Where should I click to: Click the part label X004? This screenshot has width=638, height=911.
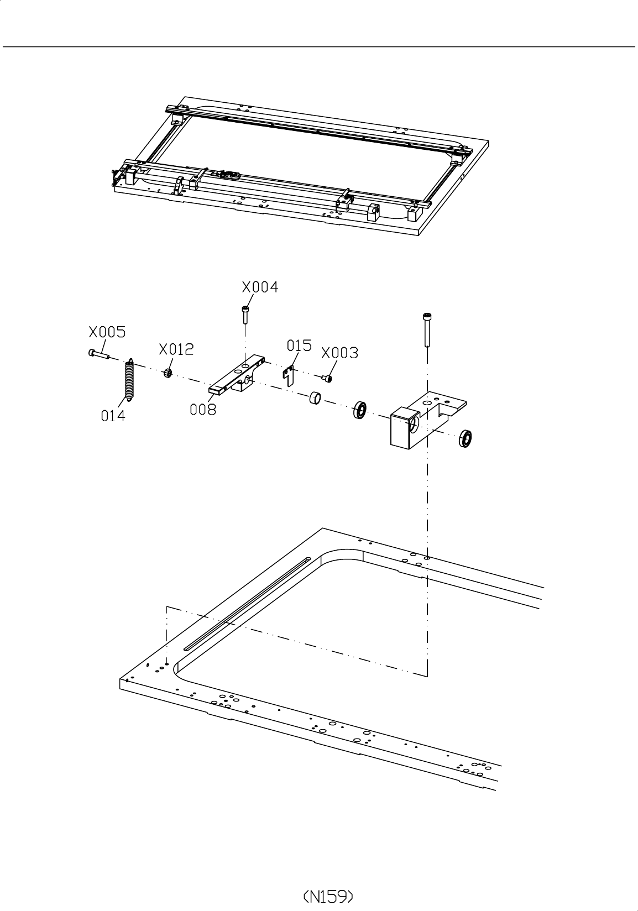tap(260, 287)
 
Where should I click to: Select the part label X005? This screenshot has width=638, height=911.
tap(107, 332)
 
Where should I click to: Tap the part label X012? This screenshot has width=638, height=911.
tap(176, 349)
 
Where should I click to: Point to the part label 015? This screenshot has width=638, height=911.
tap(299, 345)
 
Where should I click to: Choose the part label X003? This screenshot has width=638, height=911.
tap(339, 353)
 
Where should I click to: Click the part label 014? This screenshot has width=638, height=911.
tap(113, 416)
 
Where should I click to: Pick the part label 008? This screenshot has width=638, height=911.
tap(203, 410)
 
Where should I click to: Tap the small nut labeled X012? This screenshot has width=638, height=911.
tap(168, 374)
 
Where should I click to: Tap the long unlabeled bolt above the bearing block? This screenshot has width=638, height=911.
tap(426, 329)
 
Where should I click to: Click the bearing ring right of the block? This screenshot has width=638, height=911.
tap(466, 438)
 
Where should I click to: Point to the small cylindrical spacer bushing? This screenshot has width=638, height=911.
tap(315, 397)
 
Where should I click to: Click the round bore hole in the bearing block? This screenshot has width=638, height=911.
tap(414, 424)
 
